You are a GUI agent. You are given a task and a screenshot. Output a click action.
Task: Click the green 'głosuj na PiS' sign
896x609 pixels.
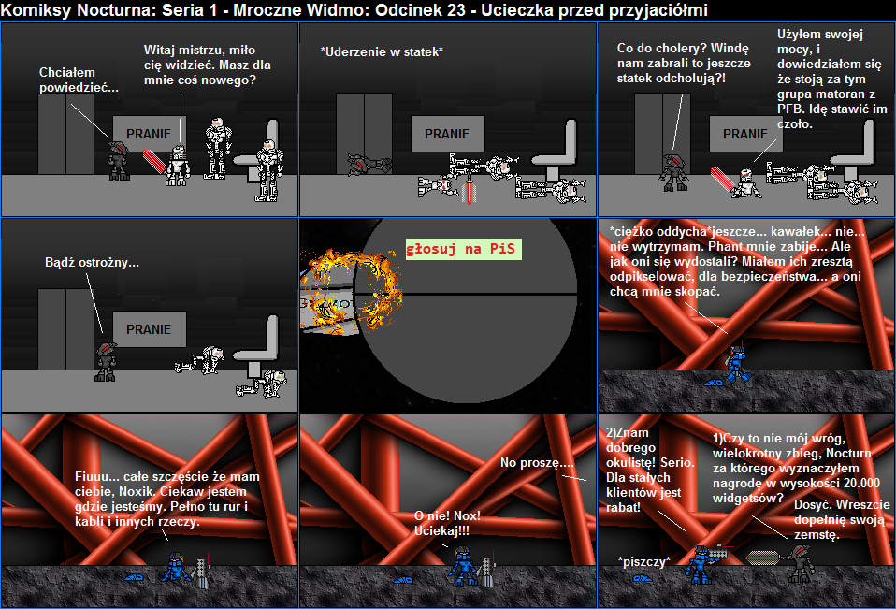tap(463, 249)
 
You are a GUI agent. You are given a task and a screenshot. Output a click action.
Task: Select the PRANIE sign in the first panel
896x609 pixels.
tap(149, 134)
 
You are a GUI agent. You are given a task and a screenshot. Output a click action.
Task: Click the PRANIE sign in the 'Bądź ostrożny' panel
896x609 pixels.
tap(149, 329)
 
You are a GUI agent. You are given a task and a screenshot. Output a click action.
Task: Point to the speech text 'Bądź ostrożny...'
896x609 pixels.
tap(92, 263)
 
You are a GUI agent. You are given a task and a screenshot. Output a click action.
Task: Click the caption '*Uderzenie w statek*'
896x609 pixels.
tap(382, 52)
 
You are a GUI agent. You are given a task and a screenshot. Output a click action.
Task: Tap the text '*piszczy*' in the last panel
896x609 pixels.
tap(644, 561)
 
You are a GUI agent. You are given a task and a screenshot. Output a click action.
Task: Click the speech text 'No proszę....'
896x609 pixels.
tap(537, 463)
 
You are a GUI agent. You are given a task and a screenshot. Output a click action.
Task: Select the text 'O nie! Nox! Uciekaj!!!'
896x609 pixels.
tap(447, 523)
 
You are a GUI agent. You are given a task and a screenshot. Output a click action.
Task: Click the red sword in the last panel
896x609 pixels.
tap(764, 557)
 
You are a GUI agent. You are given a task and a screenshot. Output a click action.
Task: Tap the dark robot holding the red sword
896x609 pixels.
tap(800, 563)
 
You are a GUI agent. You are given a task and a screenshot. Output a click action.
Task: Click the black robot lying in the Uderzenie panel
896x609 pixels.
tap(369, 164)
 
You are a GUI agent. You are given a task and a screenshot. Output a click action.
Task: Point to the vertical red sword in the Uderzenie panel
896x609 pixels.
tap(470, 190)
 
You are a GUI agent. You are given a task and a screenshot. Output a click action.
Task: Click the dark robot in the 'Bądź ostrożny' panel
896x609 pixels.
tap(107, 362)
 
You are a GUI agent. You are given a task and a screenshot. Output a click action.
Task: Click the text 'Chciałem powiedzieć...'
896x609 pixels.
tap(79, 80)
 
